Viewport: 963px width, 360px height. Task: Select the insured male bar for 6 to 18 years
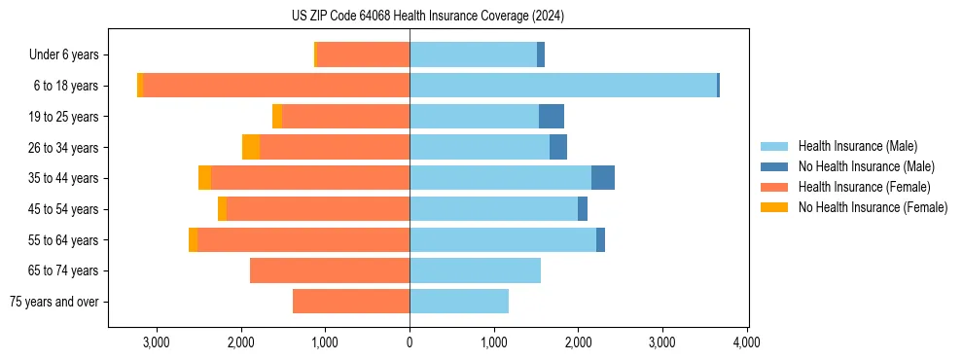(x=563, y=86)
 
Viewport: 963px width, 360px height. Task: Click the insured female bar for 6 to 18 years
(x=276, y=86)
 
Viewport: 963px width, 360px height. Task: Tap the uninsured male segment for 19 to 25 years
(x=552, y=117)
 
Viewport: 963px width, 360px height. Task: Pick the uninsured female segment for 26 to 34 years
(x=251, y=147)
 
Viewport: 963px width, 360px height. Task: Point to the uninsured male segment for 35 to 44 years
(x=603, y=178)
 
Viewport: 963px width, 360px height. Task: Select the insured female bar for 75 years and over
(x=351, y=302)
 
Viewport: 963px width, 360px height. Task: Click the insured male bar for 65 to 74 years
(x=475, y=270)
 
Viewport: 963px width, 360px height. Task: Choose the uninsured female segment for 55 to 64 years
(x=193, y=239)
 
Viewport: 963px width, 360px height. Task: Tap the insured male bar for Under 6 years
(x=473, y=54)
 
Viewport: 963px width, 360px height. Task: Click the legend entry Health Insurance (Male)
(x=857, y=146)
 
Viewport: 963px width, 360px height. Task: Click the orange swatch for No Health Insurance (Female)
(x=775, y=207)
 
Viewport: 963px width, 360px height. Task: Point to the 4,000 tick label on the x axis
(x=746, y=342)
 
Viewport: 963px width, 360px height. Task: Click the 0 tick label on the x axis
(x=410, y=342)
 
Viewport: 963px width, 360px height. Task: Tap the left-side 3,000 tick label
(x=157, y=342)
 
